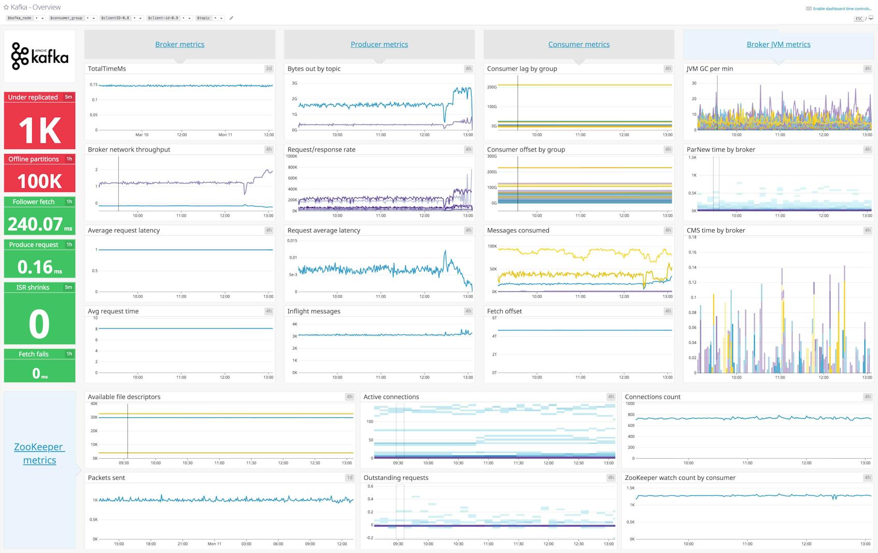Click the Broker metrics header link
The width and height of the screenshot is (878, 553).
(x=179, y=45)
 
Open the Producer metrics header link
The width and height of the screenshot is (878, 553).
(x=379, y=45)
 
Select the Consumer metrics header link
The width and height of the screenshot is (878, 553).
(x=578, y=45)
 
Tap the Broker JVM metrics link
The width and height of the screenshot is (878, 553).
(x=778, y=45)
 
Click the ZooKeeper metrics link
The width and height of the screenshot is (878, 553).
(x=39, y=453)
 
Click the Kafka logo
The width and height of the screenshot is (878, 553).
(x=39, y=56)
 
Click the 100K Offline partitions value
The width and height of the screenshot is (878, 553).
(x=39, y=181)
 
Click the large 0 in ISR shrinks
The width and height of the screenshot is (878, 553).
(x=39, y=324)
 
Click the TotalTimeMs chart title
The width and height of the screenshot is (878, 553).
(x=107, y=68)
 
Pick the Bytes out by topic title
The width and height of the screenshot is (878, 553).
(x=314, y=68)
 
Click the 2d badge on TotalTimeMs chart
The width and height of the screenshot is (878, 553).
(x=268, y=68)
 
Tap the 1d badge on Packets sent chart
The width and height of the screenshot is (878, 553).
(x=349, y=478)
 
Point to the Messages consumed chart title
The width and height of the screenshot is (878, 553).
(x=518, y=230)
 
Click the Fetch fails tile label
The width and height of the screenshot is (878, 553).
(x=34, y=354)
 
